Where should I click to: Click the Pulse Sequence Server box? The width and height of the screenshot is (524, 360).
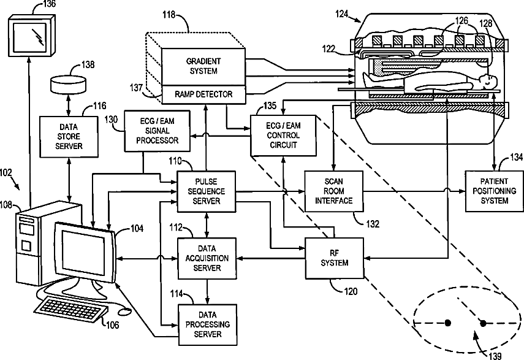(x=206, y=191)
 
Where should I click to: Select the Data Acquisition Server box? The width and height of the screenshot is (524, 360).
(x=207, y=258)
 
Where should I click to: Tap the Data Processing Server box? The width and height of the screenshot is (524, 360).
(x=208, y=324)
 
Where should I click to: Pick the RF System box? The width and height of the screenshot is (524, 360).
(x=335, y=258)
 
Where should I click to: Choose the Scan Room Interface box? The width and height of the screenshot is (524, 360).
(x=334, y=191)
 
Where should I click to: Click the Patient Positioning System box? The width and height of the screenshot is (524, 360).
(x=495, y=191)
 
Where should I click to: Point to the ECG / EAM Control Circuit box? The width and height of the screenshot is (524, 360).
(x=283, y=136)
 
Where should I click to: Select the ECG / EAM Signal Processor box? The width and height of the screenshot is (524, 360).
(x=157, y=131)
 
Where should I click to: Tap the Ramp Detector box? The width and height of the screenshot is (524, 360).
(x=203, y=94)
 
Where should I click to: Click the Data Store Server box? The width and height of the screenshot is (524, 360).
(x=69, y=137)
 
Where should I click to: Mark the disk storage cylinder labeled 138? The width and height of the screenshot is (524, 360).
(x=68, y=85)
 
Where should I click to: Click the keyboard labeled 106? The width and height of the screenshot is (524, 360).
(x=71, y=310)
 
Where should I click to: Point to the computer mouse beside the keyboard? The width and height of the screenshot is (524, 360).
(x=124, y=312)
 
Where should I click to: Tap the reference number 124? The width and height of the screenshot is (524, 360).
(x=341, y=14)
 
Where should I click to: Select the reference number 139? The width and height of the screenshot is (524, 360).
(x=495, y=356)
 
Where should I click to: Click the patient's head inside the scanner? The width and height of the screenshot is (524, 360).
(x=488, y=81)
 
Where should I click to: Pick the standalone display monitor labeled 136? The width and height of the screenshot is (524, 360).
(x=31, y=36)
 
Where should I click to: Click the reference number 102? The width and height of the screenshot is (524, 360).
(x=6, y=173)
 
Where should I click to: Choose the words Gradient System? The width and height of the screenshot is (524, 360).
(x=203, y=66)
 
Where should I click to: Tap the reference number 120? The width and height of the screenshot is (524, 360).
(x=351, y=291)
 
